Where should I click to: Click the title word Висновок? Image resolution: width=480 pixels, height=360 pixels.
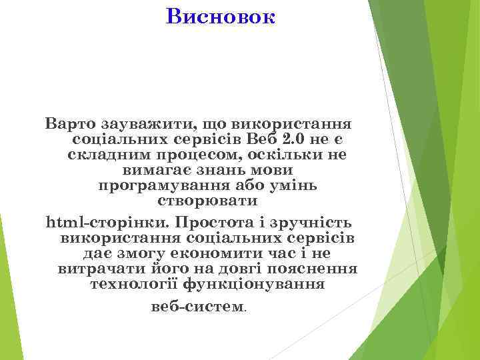[x=220, y=16]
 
